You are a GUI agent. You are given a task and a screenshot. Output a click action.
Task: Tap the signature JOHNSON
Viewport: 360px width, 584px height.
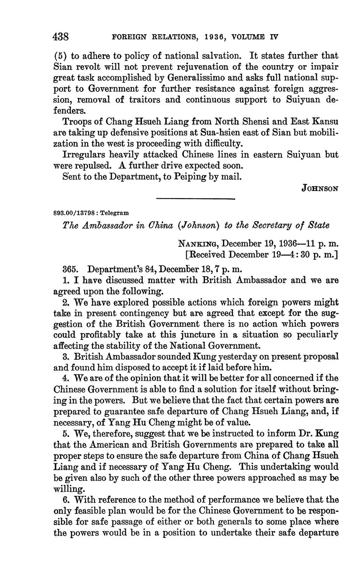tap(320, 188)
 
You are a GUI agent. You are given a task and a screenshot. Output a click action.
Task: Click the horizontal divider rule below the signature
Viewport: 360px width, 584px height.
tap(195, 199)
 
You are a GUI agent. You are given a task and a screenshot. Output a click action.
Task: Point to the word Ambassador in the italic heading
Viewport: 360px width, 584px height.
tap(105, 226)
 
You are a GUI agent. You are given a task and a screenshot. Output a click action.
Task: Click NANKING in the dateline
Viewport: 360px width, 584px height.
tap(198, 244)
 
